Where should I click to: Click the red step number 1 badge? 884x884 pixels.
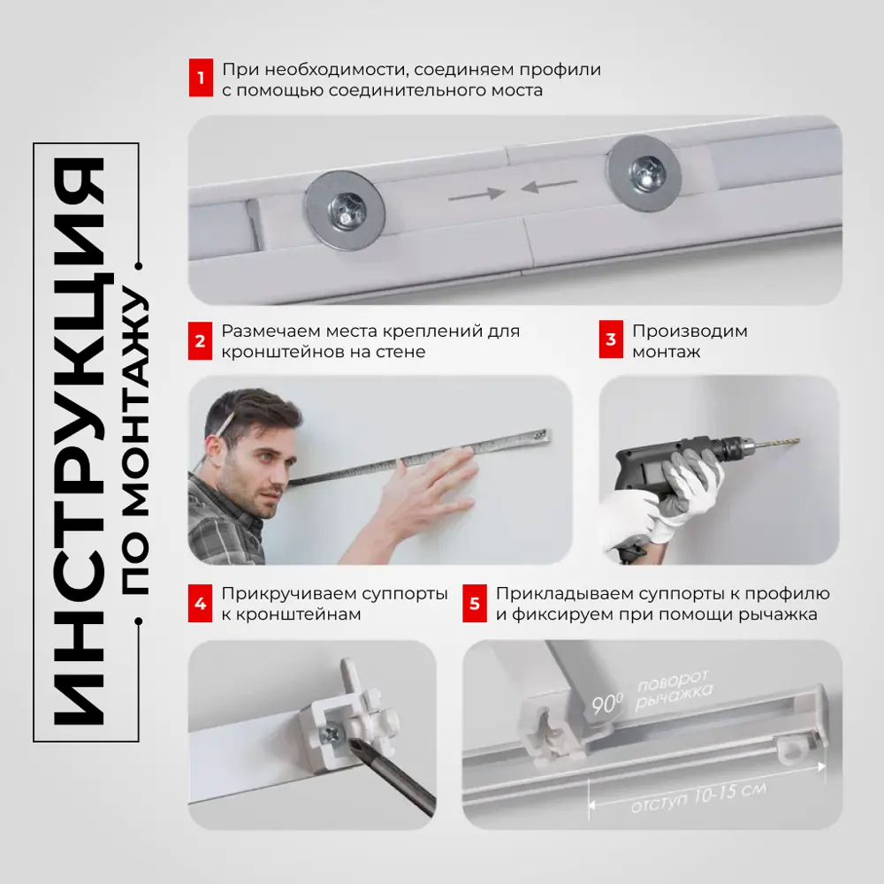pos(201,77)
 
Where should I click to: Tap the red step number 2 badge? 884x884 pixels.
pos(200,340)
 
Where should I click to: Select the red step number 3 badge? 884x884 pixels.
pos(611,339)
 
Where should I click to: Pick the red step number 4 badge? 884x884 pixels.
pos(200,603)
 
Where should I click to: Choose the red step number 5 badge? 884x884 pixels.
pos(475,603)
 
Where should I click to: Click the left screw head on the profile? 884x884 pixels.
pos(345,210)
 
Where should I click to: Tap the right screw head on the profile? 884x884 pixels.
pos(645,171)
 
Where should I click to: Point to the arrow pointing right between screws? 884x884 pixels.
pos(476,195)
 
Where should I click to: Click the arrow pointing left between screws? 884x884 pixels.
pos(549,186)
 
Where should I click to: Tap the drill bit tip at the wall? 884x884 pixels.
pos(797,441)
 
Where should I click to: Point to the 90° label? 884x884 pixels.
pos(607,704)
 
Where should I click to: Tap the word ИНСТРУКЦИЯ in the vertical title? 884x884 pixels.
pos(80,441)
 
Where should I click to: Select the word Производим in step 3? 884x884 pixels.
pos(690,331)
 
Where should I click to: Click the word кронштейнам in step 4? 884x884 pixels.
pos(291,614)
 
